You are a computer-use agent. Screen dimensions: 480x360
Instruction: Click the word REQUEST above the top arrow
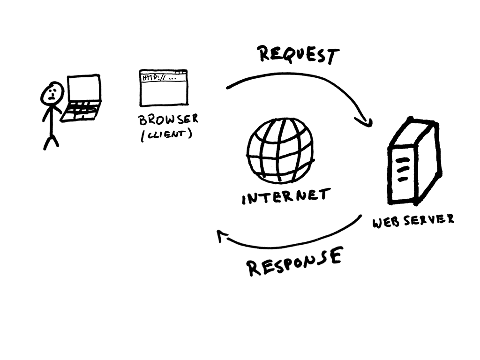pos(298,55)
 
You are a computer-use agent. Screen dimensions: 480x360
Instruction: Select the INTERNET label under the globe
pos(286,196)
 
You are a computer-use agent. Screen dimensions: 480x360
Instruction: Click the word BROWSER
pos(168,120)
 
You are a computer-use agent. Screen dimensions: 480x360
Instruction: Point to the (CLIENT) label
pos(166,135)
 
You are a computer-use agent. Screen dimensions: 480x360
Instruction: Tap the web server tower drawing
pos(414,162)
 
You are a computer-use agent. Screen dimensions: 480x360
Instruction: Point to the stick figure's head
pos(52,93)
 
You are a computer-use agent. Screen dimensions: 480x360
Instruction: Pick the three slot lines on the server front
pos(402,170)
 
